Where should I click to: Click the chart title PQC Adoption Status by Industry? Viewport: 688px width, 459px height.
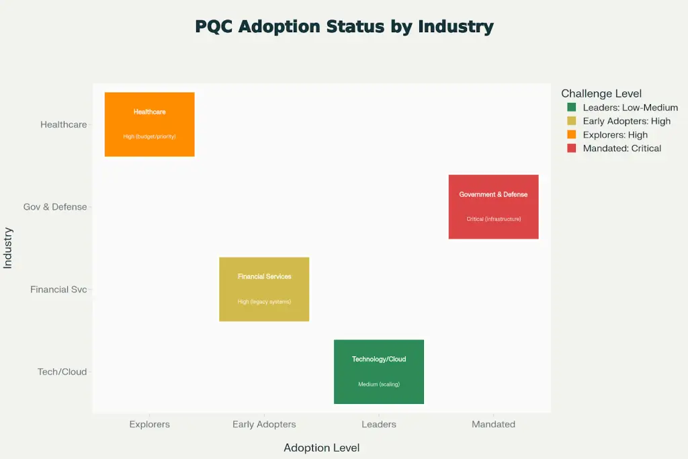344,27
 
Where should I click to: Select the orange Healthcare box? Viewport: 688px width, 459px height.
149,124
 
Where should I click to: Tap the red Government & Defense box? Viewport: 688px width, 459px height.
493,206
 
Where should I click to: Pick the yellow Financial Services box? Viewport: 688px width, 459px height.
264,289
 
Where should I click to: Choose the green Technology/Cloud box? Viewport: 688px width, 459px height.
379,372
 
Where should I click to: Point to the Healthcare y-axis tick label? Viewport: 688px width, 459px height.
63,124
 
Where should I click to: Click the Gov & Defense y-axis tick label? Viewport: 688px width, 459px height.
55,207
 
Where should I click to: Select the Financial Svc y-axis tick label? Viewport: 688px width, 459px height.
58,290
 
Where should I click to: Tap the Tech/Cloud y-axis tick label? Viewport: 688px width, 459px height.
62,372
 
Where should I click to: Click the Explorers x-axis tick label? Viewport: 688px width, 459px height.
149,424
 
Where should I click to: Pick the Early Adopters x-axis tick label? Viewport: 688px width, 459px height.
264,424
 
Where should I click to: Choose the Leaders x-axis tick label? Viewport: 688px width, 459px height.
379,424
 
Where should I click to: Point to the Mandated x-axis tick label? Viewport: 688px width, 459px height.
493,424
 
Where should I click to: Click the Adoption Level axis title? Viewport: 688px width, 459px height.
321,448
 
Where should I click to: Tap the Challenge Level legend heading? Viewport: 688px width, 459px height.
601,93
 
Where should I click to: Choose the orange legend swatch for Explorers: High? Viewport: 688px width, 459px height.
572,134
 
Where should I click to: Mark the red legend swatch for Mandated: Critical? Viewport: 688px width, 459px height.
572,148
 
